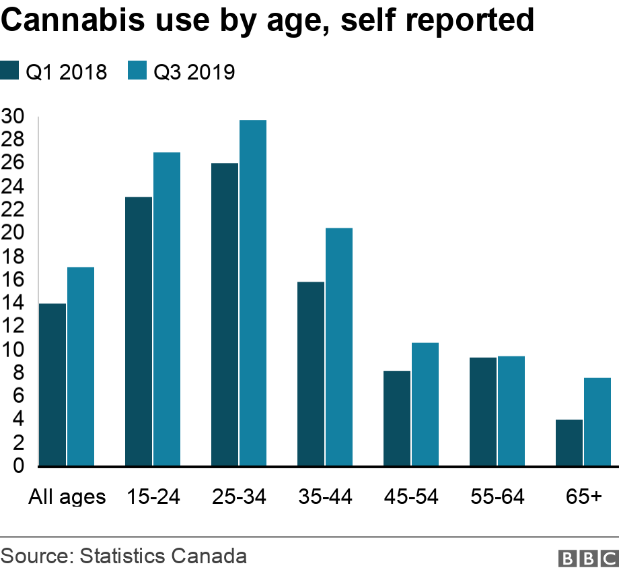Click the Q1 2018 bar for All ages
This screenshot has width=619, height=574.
(52, 385)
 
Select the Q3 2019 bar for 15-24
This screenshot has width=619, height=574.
(167, 309)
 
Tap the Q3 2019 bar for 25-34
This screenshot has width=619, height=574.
(253, 293)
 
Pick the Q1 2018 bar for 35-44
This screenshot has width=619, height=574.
(311, 374)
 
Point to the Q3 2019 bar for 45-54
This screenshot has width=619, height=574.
(425, 404)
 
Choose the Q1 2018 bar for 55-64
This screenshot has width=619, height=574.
(483, 412)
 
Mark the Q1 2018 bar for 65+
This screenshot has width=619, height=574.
(569, 443)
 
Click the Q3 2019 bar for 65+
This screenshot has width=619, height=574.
(597, 422)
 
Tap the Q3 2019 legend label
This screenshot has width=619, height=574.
(194, 71)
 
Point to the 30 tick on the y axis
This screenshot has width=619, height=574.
(13, 117)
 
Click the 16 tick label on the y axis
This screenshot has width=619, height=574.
(13, 280)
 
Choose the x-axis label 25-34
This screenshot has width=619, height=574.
(239, 497)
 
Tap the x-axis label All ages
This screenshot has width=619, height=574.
(67, 497)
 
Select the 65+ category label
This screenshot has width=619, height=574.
(583, 497)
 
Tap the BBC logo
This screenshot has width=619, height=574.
(587, 558)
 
